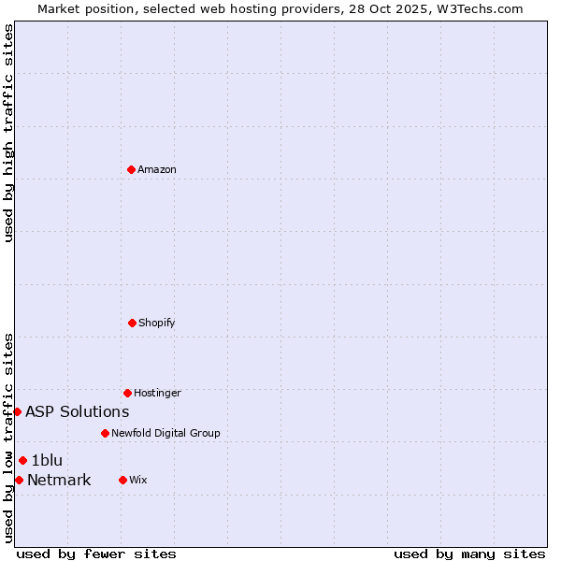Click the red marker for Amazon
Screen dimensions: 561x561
131,169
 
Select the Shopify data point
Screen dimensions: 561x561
132,323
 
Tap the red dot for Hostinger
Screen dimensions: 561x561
127,393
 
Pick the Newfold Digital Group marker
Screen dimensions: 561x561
105,433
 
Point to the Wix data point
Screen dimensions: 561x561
122,480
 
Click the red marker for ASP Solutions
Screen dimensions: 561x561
17,411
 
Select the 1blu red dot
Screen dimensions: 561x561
22,460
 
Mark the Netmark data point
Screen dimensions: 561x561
19,480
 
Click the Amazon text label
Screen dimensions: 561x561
157,169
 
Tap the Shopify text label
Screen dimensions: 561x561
157,323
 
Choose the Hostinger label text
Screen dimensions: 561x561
157,393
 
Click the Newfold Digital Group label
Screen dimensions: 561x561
165,433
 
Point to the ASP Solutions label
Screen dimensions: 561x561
78,411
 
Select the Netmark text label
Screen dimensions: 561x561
59,481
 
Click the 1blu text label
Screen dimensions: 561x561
47,460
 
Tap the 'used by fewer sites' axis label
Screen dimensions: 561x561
96,554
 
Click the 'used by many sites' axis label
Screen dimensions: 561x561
469,554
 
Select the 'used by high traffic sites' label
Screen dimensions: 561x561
8,133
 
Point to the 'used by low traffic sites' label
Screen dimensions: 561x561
8,438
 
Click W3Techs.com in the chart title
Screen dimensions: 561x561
477,8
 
